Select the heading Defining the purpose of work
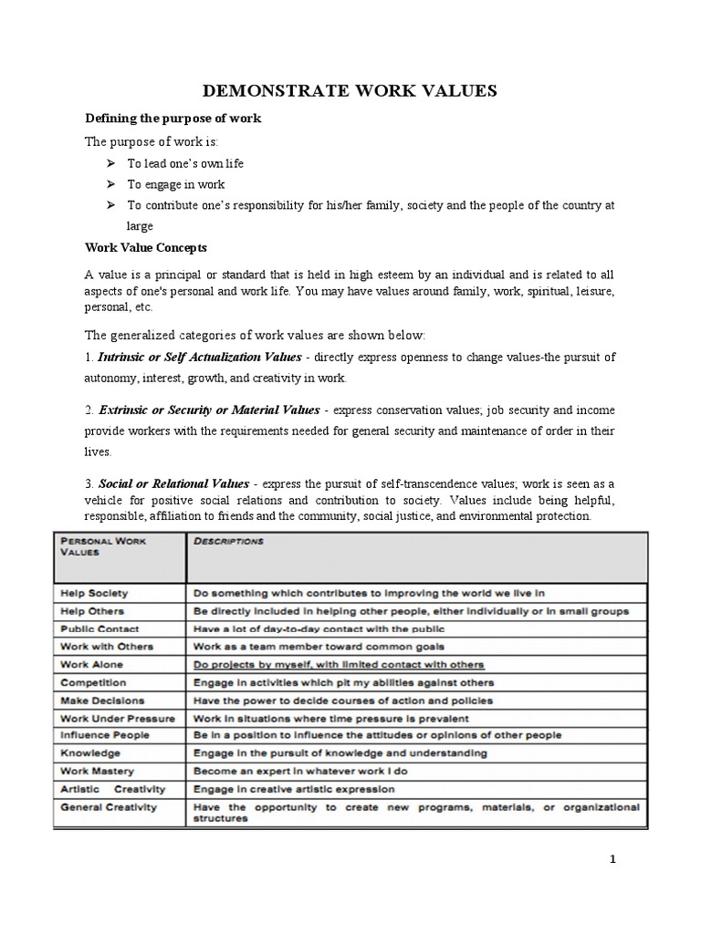pos(173,119)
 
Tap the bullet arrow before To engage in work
pos(110,185)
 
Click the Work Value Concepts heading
pos(146,247)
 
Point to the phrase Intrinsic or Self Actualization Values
pos(209,355)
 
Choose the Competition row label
pos(94,682)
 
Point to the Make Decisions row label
pos(102,700)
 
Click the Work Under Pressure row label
pos(118,718)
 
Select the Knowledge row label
pos(90,753)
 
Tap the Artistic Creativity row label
pos(113,788)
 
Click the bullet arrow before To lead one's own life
pos(110,163)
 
